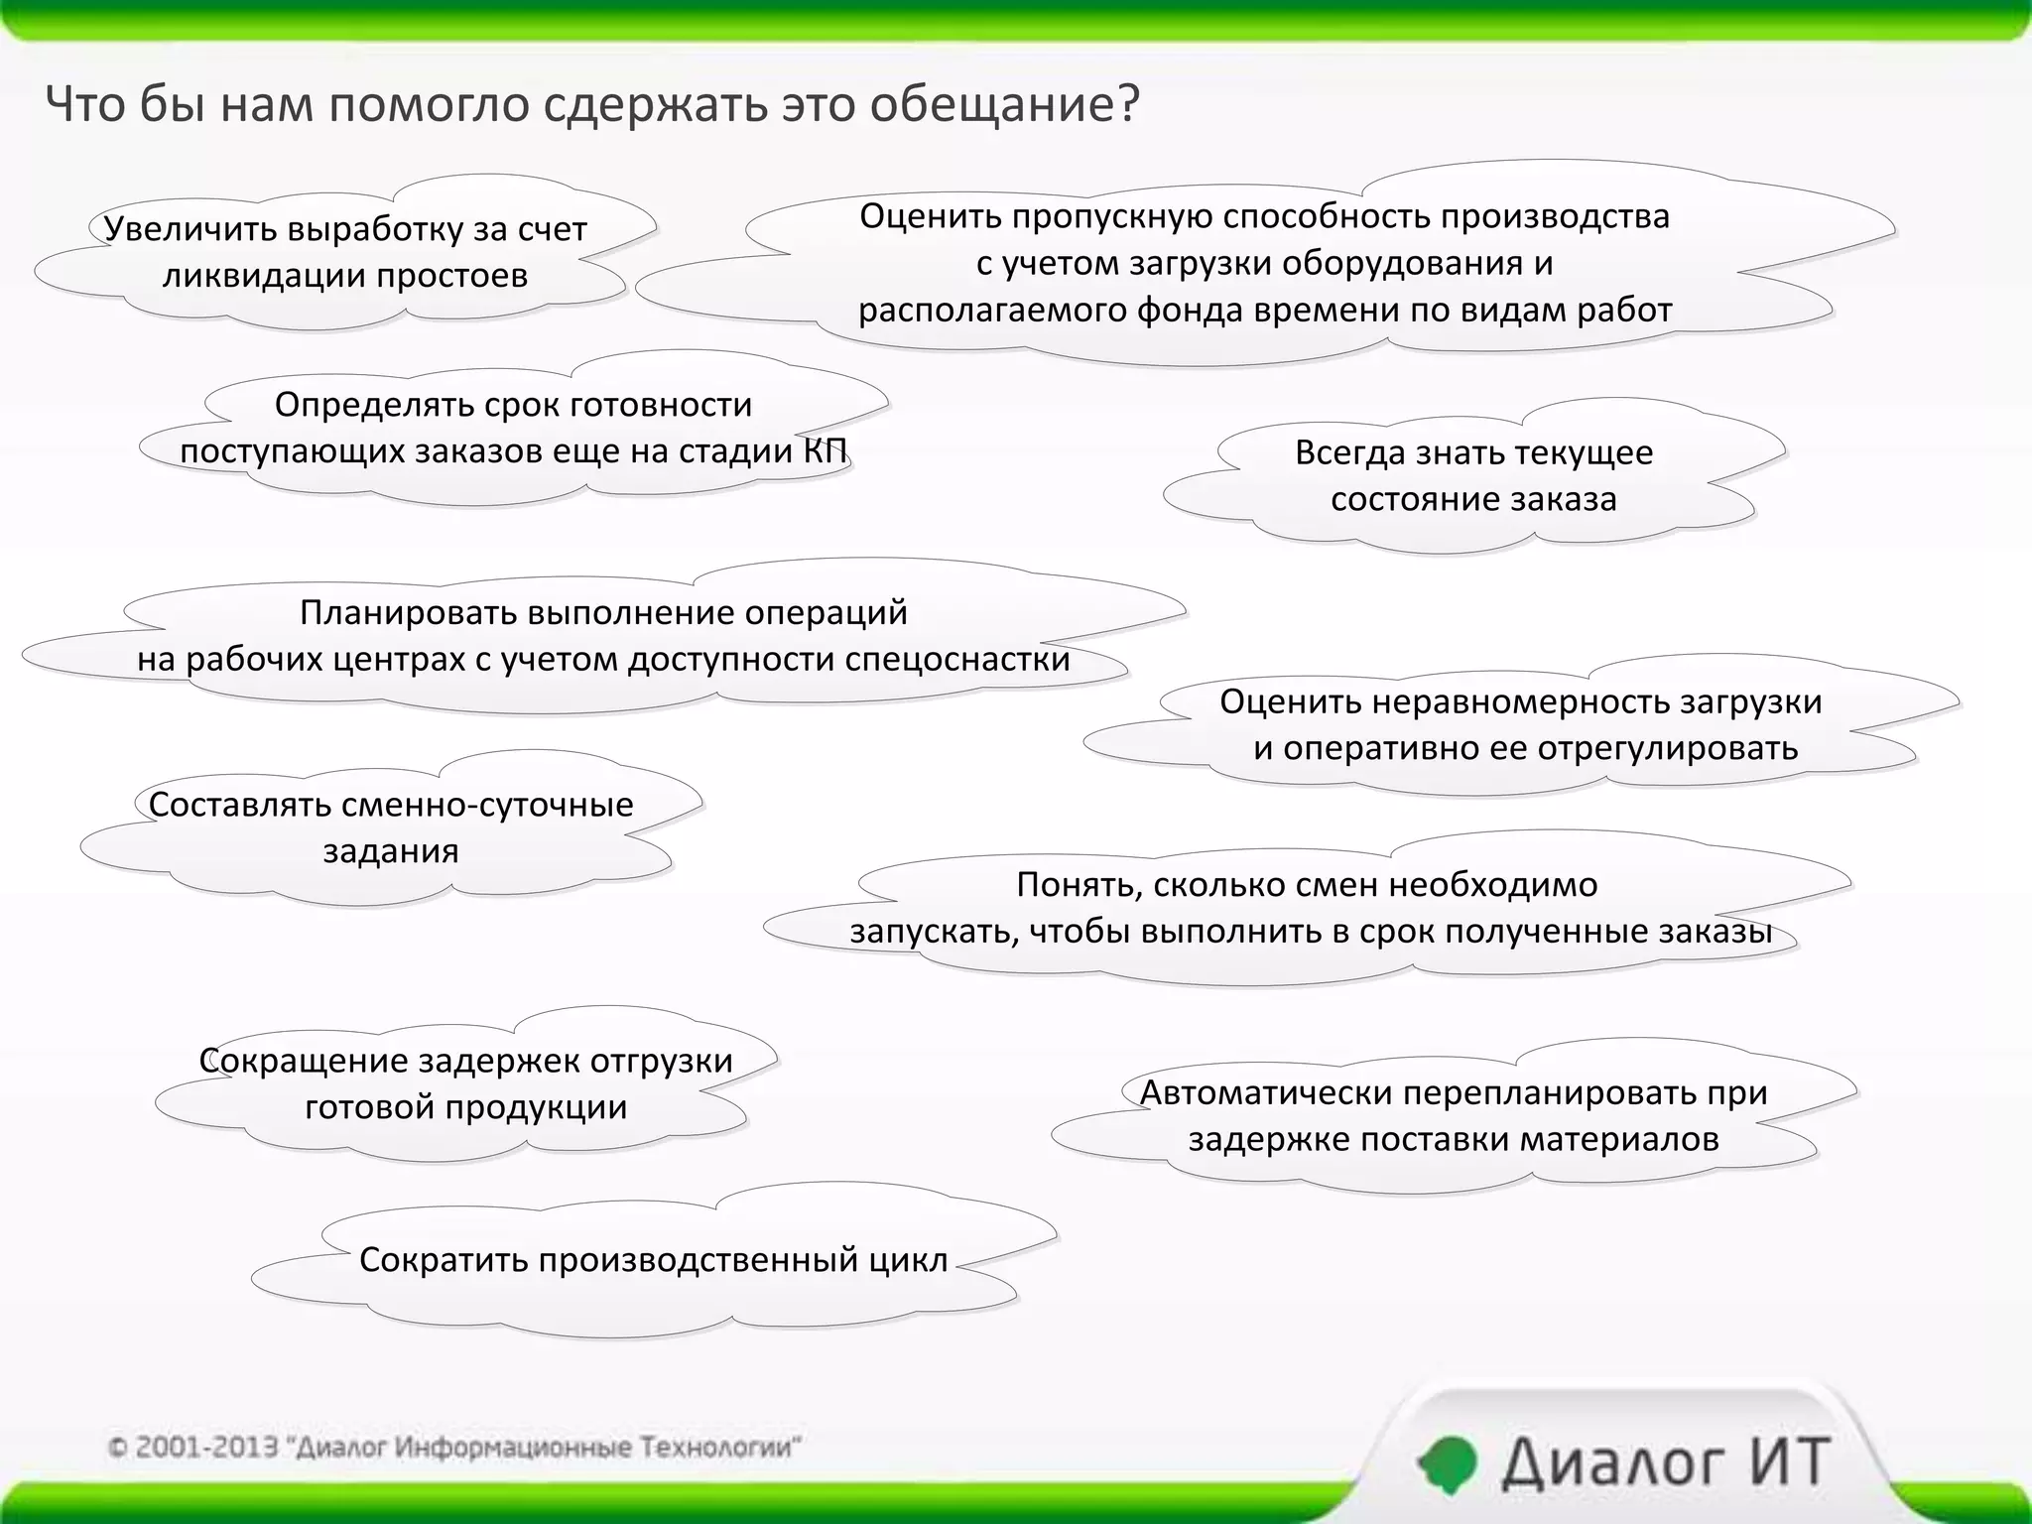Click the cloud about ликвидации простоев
[345, 253]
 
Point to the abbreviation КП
[825, 451]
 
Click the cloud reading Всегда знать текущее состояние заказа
[1473, 475]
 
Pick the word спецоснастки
[957, 660]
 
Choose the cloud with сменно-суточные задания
[391, 827]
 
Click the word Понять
[1079, 884]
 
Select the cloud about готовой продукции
[465, 1083]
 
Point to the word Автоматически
[1265, 1092]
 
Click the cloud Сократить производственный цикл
[653, 1260]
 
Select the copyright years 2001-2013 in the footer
[205, 1448]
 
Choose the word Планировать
[406, 613]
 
